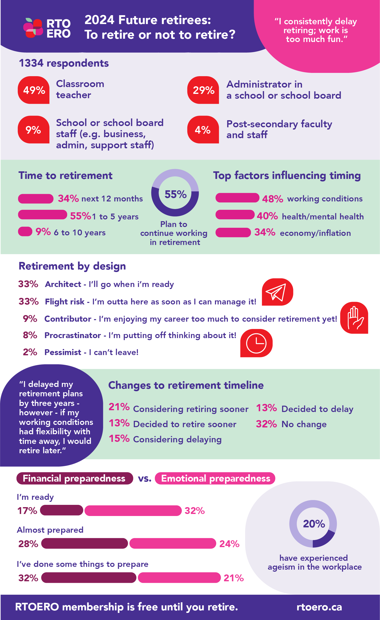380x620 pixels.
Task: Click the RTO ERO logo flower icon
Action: [33, 28]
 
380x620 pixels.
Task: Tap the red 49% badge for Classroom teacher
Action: [34, 90]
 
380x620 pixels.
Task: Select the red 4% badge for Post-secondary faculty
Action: [203, 130]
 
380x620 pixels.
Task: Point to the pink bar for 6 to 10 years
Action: [25, 231]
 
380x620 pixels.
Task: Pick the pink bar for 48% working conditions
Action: [237, 198]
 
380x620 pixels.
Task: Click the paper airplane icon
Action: [277, 292]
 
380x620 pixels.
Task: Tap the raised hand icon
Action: [354, 318]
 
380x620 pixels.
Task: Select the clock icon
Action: [256, 343]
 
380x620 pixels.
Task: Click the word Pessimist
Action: [63, 352]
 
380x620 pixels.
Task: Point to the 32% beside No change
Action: [266, 424]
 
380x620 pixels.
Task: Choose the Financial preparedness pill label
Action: [75, 478]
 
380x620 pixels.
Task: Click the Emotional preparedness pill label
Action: [215, 478]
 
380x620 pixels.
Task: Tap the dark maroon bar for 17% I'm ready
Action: [62, 510]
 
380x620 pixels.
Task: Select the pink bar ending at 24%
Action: [173, 543]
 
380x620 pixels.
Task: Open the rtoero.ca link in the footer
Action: [319, 607]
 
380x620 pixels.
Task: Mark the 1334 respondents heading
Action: [64, 63]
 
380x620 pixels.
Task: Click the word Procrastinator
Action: [73, 335]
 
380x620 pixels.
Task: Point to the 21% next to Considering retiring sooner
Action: [119, 407]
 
